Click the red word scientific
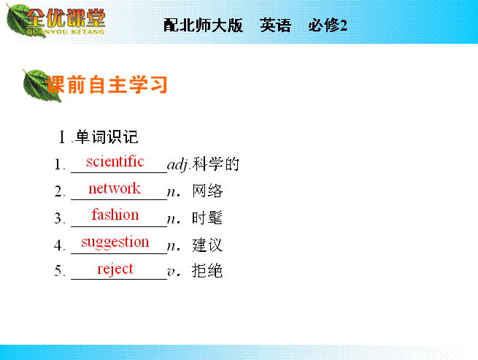115,161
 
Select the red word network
115,188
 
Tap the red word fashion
115,215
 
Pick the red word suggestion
115,242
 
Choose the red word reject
115,269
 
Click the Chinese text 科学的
216,164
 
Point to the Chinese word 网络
207,191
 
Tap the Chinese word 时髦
207,218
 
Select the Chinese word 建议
207,245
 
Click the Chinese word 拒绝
207,271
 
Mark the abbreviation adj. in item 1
179,165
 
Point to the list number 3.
60,218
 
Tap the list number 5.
60,271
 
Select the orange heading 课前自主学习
107,85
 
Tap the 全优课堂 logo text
66,18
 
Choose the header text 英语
276,25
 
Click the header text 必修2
328,25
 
